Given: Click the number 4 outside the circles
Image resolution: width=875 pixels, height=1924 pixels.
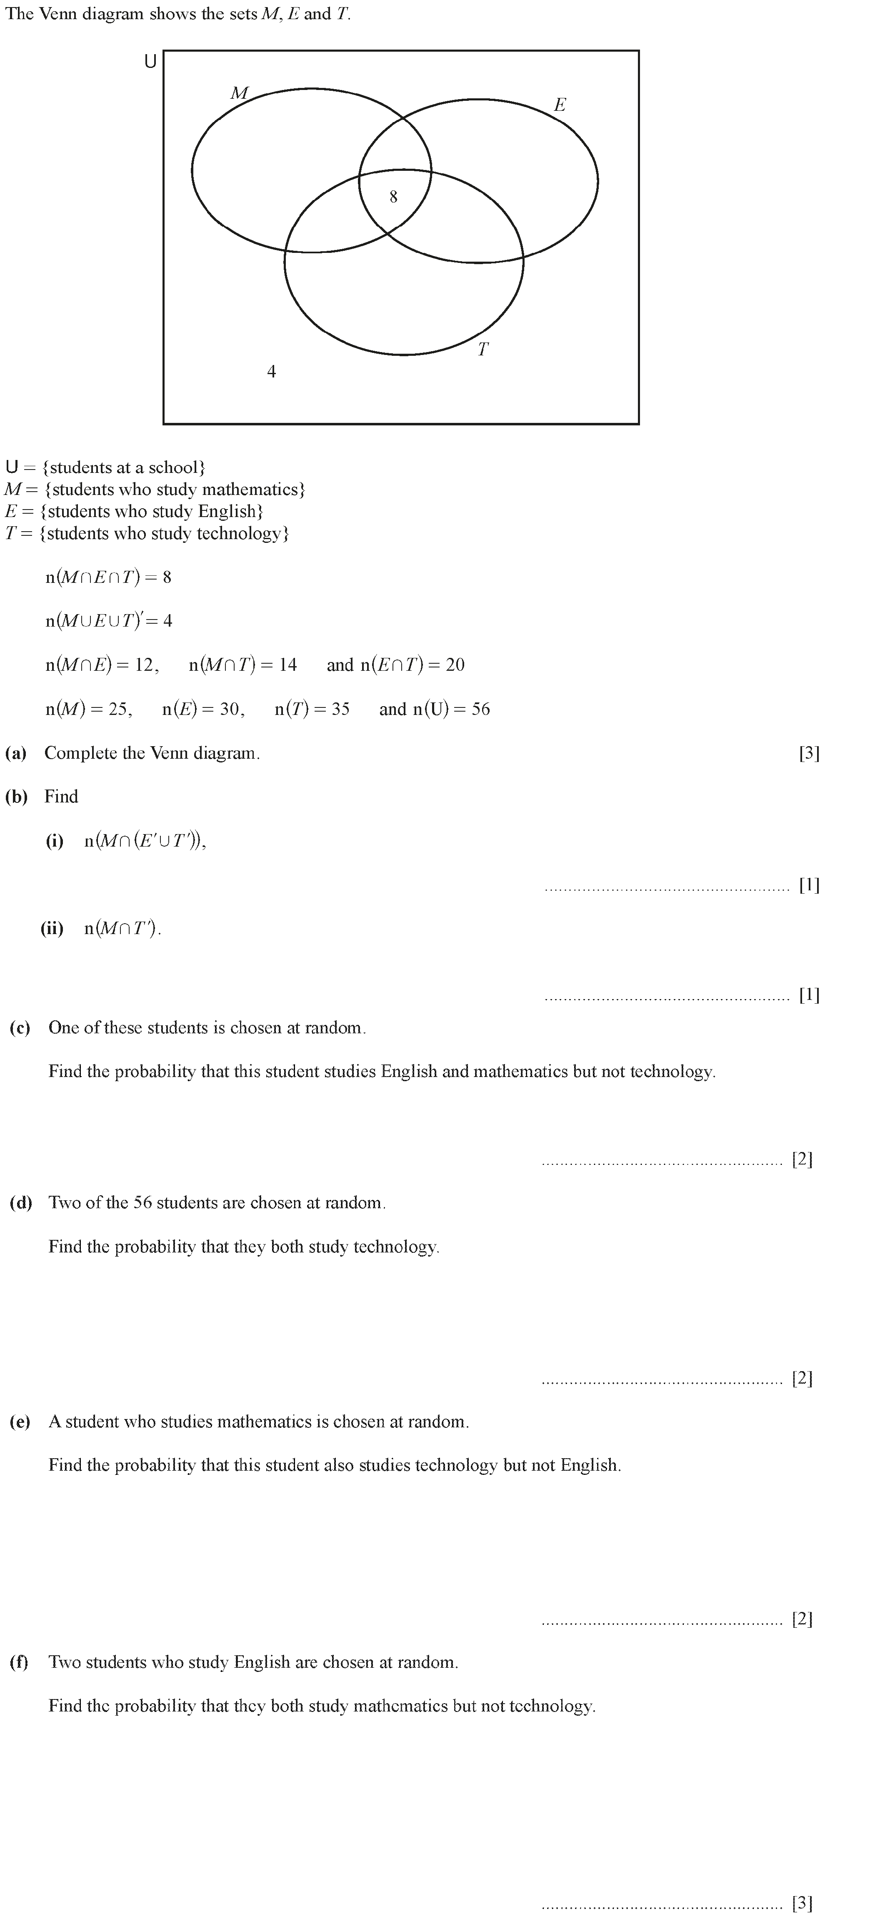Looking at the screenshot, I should [x=271, y=371].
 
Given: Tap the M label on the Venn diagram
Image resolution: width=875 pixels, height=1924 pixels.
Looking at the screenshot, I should [x=239, y=93].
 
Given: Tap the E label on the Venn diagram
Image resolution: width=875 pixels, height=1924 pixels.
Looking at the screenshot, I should [x=560, y=105].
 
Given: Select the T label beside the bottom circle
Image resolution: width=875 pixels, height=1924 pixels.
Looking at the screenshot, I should [x=482, y=349].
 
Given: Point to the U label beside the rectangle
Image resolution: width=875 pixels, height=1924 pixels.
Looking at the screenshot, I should [x=150, y=62].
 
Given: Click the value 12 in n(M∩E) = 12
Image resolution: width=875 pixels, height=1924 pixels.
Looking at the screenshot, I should [x=144, y=665].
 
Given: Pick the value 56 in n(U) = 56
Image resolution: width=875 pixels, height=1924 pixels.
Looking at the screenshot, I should [x=480, y=709].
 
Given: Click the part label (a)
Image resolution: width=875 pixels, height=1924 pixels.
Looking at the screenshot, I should [x=16, y=753].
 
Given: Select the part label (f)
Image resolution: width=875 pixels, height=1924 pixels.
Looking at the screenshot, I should [x=19, y=1662].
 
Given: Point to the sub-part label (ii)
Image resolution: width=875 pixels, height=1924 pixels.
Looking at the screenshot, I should [x=52, y=928].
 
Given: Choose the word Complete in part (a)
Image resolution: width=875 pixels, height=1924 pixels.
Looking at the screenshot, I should [x=78, y=753].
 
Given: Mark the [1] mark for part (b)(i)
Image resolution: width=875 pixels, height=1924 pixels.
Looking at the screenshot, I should [x=809, y=885].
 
